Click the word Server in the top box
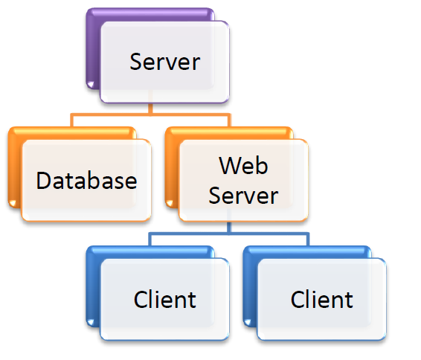coord(165,61)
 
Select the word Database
coord(87,181)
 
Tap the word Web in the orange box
coord(243,165)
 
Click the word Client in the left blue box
coord(165,300)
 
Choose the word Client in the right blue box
coord(321,300)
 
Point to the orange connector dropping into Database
coord(72,121)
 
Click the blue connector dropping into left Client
coord(150,240)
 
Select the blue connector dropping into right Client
coord(307,240)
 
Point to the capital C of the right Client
coord(298,300)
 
